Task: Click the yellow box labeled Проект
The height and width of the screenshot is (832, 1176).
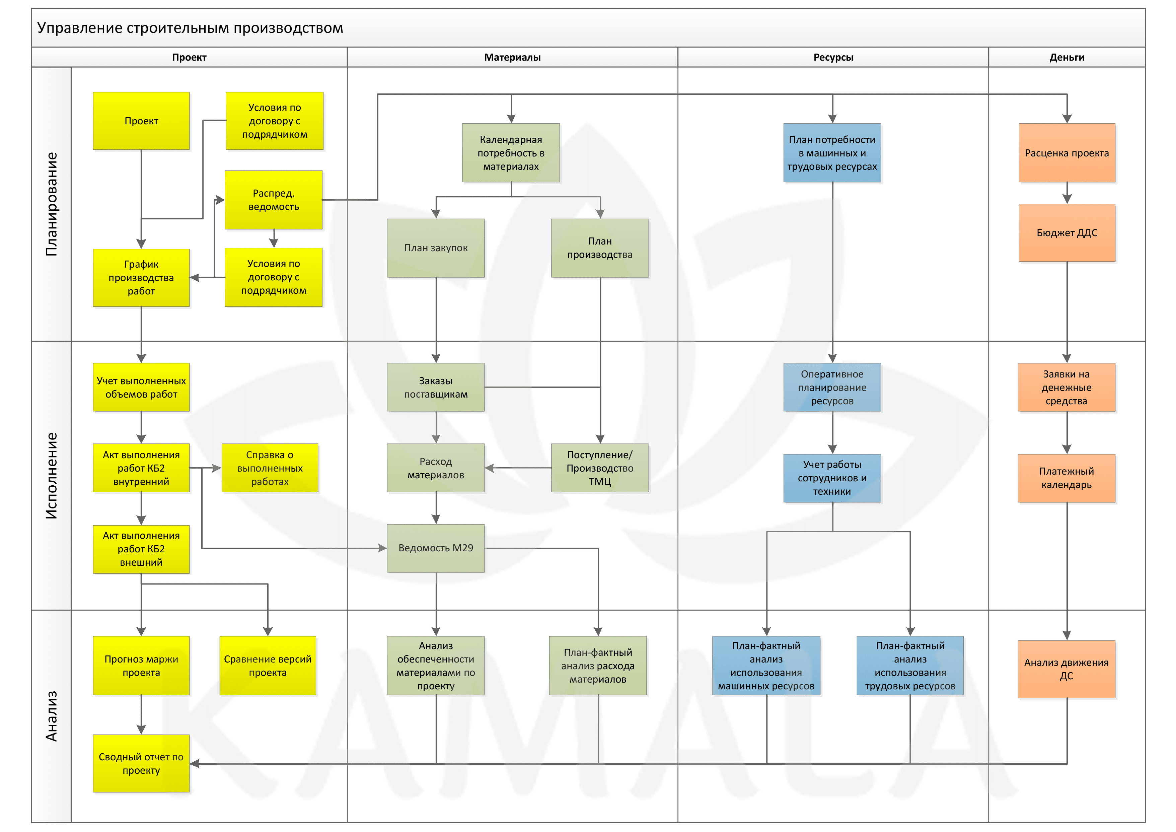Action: click(141, 121)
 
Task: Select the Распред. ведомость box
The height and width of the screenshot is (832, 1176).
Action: click(274, 200)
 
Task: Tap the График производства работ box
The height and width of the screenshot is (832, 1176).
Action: click(141, 278)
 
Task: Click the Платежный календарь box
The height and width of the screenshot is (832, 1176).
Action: click(1067, 478)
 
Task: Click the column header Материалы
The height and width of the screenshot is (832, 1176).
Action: click(512, 57)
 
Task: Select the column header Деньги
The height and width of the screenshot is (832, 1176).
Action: click(1067, 57)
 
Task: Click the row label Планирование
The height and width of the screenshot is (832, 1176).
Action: click(51, 204)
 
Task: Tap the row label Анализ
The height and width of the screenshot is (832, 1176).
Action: click(51, 716)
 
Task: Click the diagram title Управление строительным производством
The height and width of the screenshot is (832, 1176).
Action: click(190, 28)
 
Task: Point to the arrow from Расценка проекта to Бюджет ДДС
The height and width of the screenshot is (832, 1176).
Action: click(1067, 194)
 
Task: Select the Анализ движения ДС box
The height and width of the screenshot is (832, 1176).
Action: click(1067, 669)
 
